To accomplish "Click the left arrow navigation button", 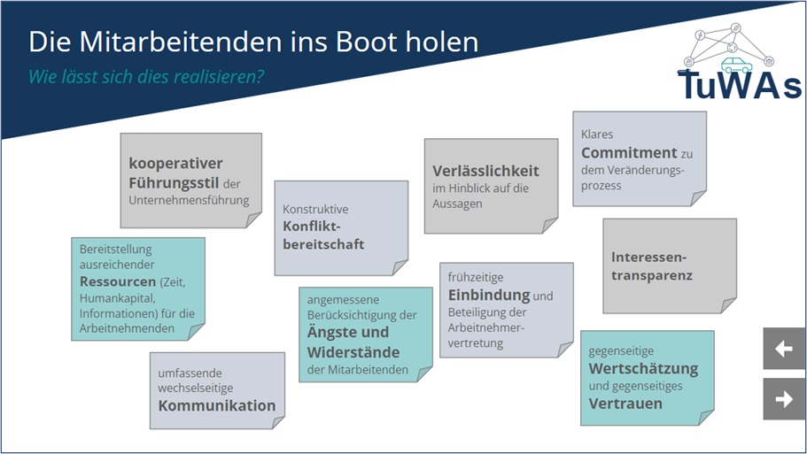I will coord(784,349).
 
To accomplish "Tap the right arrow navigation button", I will coord(784,399).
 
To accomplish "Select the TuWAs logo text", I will coord(740,85).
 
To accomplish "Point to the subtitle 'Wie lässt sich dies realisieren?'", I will coord(146,76).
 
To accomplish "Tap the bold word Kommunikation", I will coord(217,405).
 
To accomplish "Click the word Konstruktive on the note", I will coord(315,210).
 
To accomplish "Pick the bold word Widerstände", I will coord(348,351).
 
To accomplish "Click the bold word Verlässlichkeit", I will coord(485,171).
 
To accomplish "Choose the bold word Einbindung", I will coord(489,295).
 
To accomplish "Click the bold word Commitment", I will coord(629,152).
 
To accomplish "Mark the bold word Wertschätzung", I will coord(644,368).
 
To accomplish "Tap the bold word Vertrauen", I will coord(625,404).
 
